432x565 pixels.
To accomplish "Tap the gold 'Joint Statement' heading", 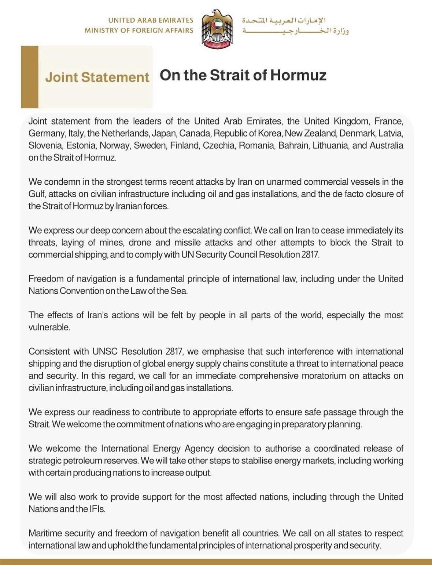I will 97,77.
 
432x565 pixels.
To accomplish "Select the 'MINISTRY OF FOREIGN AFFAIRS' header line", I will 139,31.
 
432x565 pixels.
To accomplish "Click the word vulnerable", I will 49,327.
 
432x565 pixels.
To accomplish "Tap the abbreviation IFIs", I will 97,509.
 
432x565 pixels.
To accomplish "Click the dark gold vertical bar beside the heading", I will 29,77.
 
